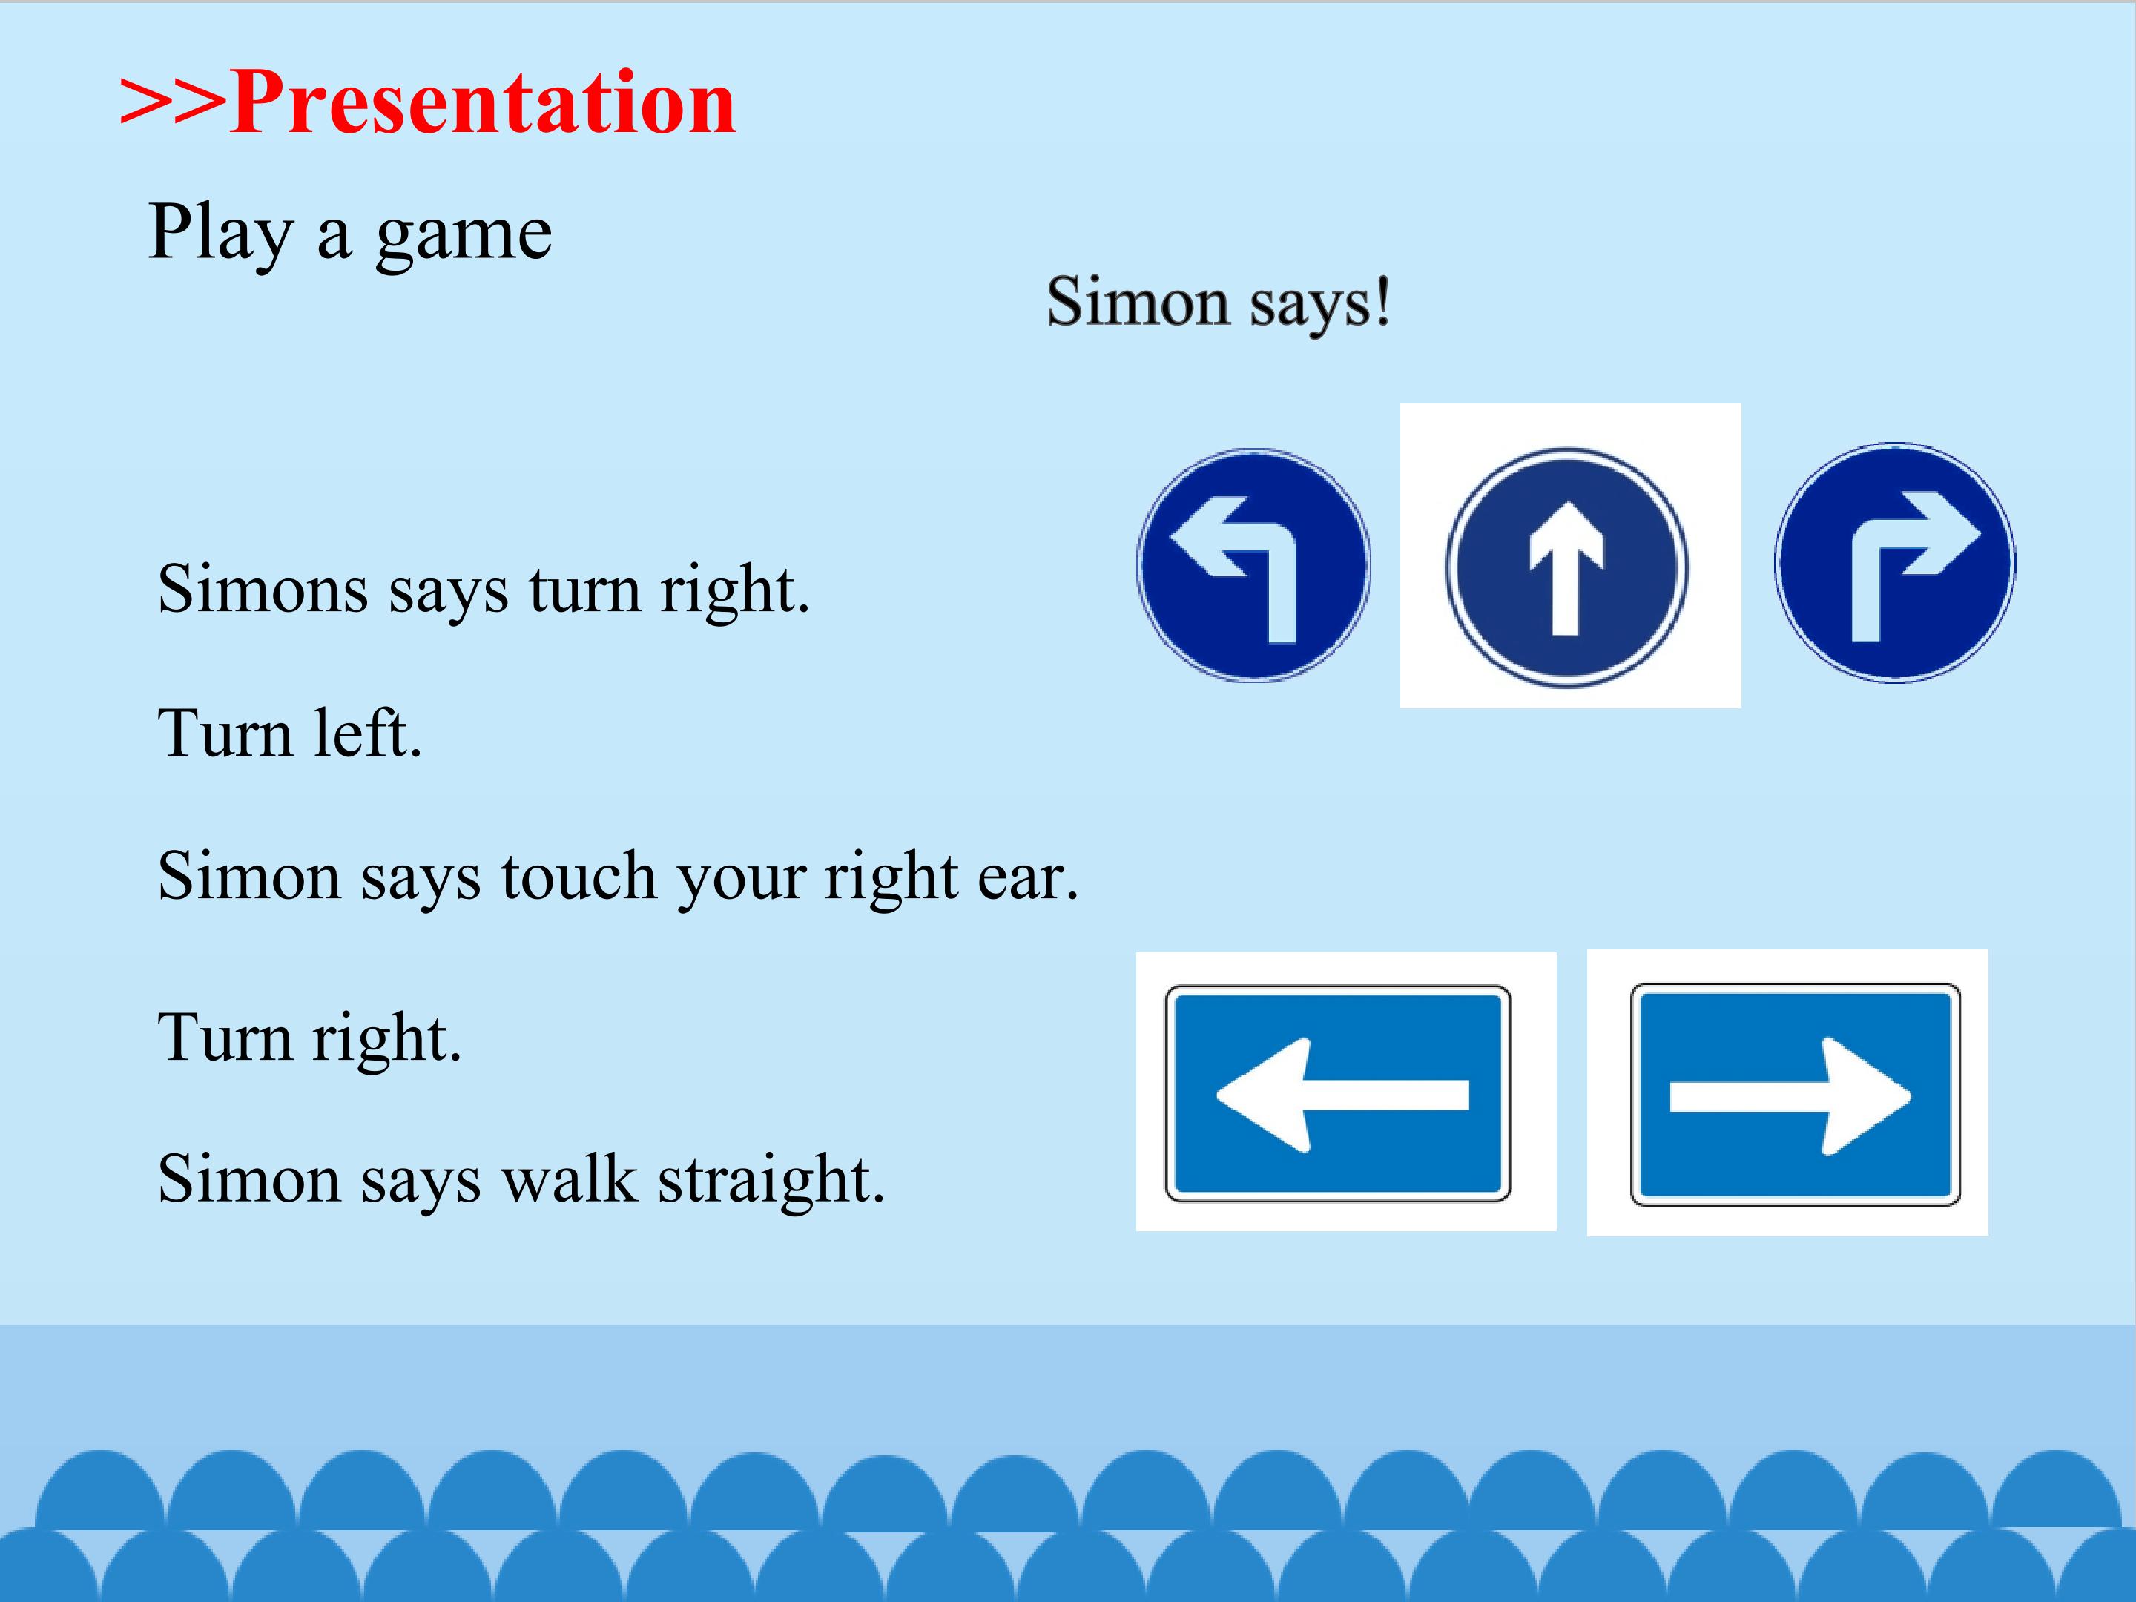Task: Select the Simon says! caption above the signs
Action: pos(1219,303)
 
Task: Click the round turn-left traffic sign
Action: pos(1253,566)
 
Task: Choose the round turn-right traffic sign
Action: pos(1895,563)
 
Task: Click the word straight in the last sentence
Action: pos(771,1180)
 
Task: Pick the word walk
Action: pos(570,1178)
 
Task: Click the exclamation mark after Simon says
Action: pos(1382,300)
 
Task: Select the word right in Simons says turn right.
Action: pos(734,590)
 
